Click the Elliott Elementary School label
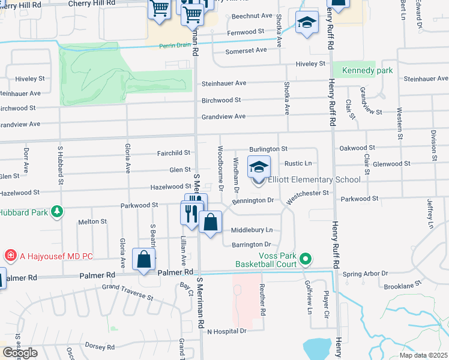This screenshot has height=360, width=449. coord(315,179)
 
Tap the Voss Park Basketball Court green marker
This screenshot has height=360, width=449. coord(306,259)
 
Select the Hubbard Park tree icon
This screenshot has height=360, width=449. coord(57,211)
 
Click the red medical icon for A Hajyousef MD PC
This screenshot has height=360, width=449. coord(10,256)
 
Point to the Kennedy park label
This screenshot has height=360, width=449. coord(367,71)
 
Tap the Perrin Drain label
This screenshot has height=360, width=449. coord(175,46)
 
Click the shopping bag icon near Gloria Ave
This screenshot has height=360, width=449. coord(144,260)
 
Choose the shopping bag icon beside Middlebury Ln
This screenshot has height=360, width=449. coord(210,223)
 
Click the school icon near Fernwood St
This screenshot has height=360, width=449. coord(306,23)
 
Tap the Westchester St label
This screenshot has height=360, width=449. coord(309,194)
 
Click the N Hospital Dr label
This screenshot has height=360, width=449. coord(227,331)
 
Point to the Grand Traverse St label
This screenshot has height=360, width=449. coord(128,292)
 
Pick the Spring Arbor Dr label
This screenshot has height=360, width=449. coord(366,274)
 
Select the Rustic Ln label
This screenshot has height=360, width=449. coord(298,163)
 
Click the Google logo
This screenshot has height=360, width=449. coord(19,353)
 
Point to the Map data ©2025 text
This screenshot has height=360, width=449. coord(424,355)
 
